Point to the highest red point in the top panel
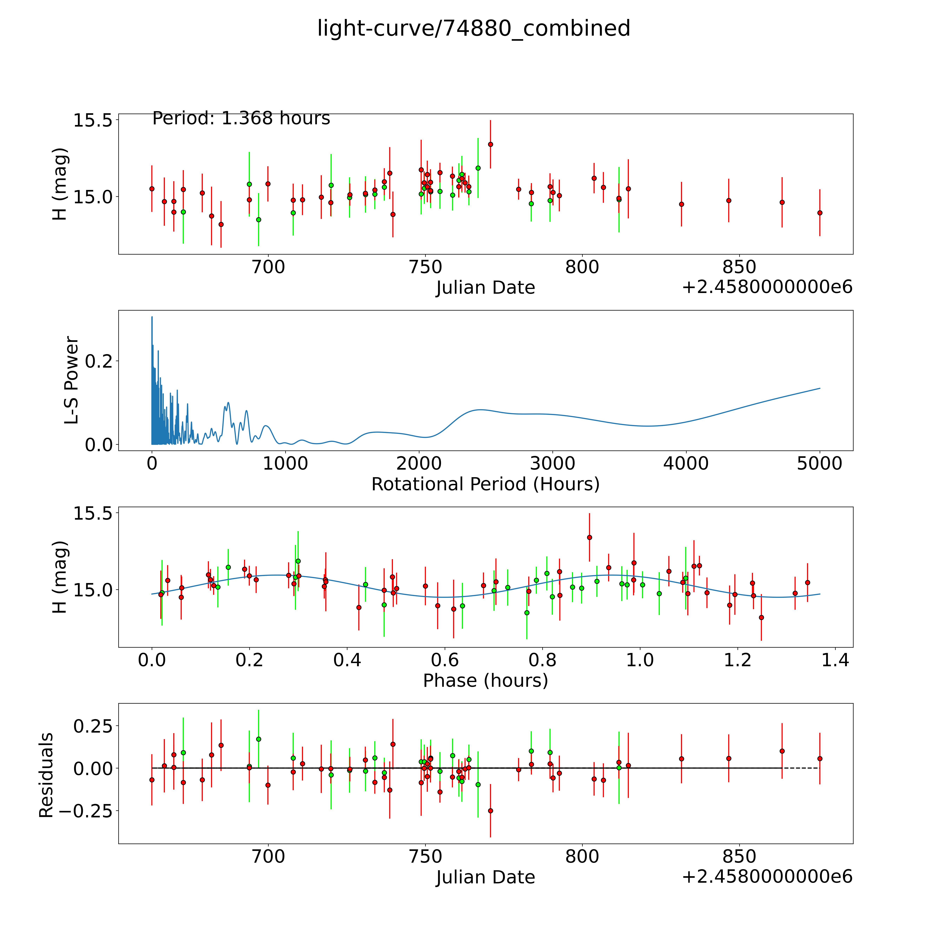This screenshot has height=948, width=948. pos(490,144)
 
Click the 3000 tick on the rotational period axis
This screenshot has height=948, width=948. pos(552,464)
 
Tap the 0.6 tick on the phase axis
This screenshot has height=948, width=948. pos(445,660)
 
